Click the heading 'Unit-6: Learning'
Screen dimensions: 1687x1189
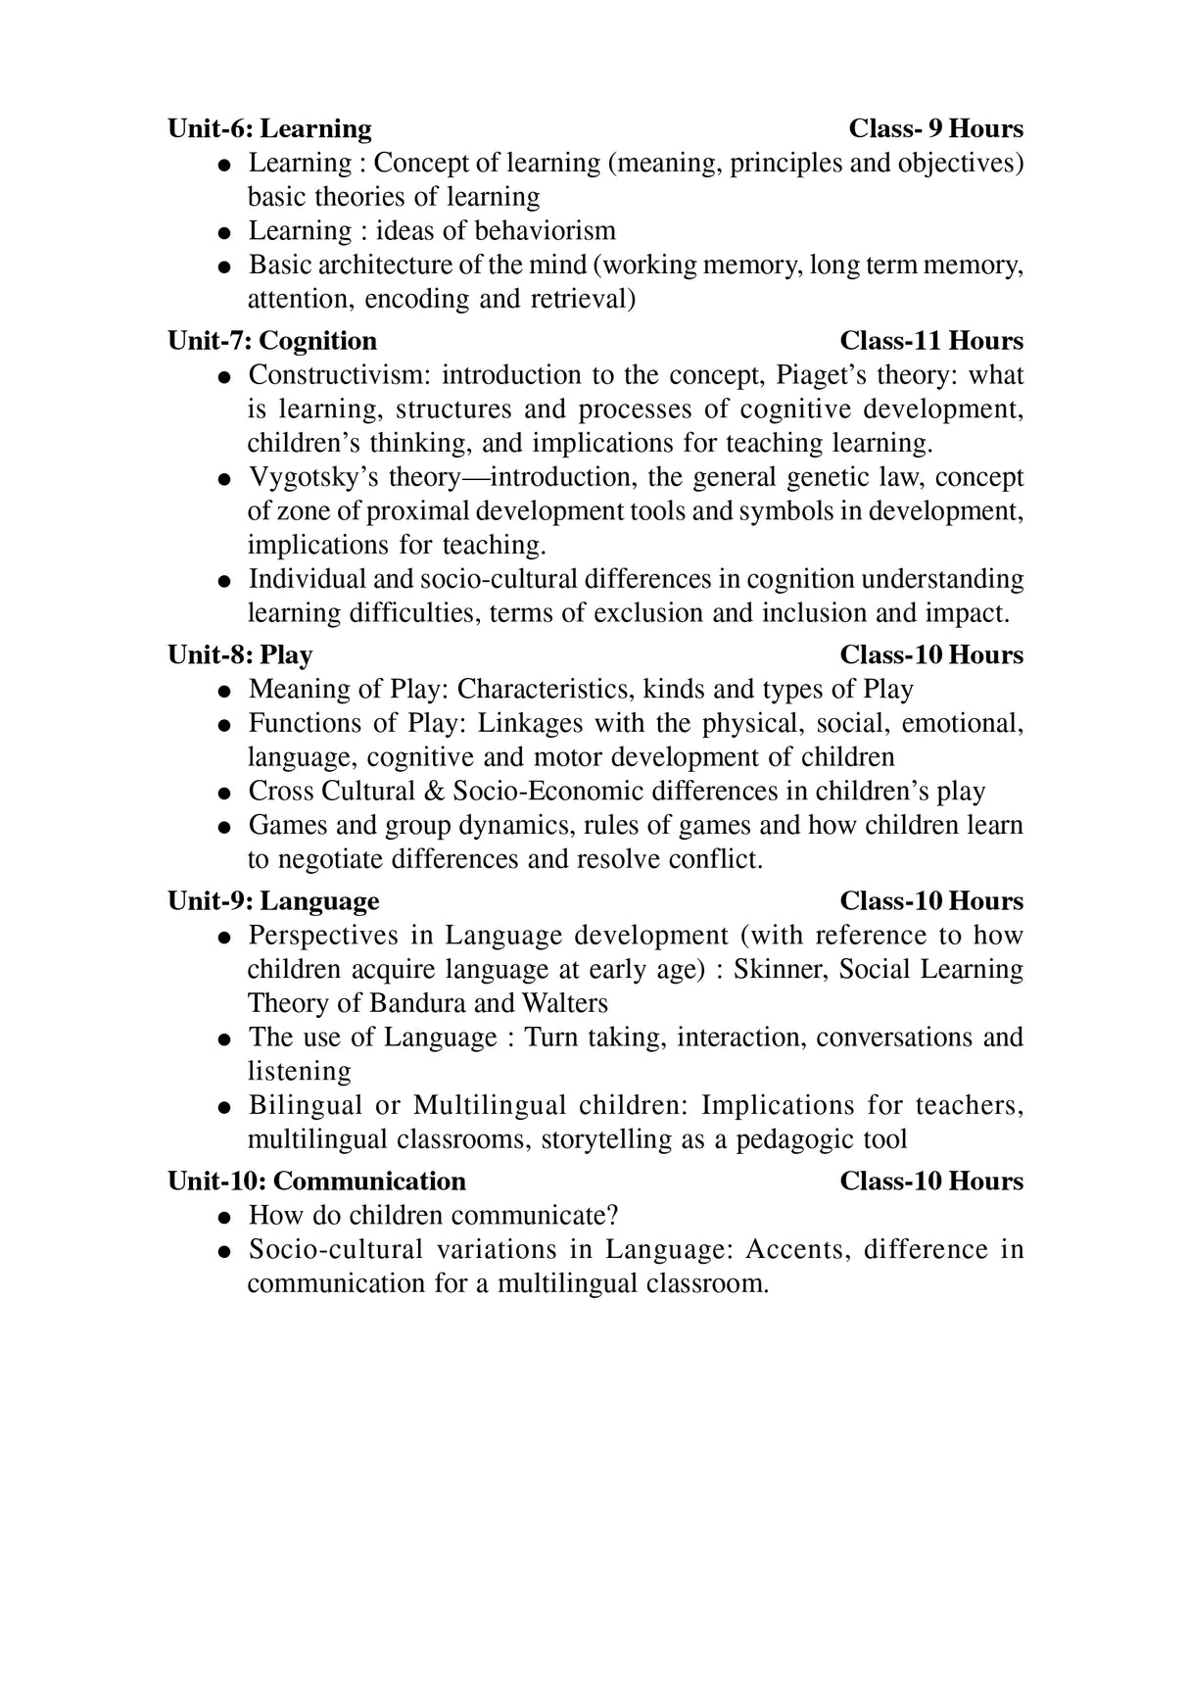269,128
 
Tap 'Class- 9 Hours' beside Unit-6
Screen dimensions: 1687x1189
935,128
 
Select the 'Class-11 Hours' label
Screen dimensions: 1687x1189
931,341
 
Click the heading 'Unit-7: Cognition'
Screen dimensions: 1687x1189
272,341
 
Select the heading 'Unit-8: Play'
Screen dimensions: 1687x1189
240,654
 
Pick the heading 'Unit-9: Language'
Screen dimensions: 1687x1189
273,901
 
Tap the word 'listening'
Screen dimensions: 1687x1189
299,1071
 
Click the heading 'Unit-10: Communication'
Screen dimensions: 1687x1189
316,1181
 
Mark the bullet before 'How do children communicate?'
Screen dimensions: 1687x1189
225,1218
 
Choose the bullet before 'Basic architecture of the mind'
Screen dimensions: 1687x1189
225,266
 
